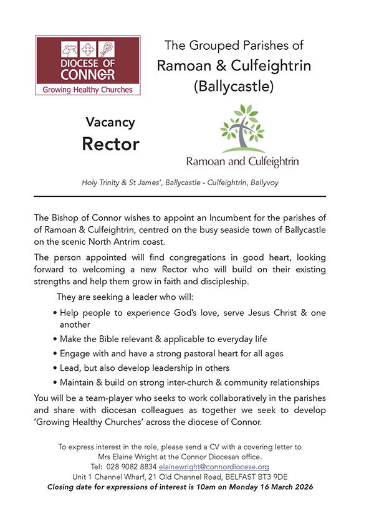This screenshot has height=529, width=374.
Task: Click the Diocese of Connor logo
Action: tap(87, 65)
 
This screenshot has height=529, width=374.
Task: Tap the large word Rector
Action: tap(110, 145)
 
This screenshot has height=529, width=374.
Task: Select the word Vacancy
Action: tap(110, 122)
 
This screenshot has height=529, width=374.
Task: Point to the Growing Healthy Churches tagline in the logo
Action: tap(87, 88)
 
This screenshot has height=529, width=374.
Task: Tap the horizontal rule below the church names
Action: tap(179, 196)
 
